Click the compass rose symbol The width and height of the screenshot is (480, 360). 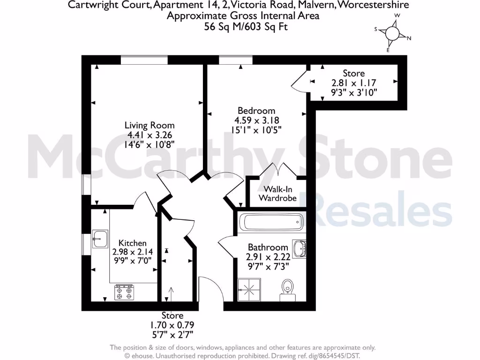pyautogui.click(x=393, y=33)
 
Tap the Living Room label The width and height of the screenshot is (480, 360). pyautogui.click(x=150, y=125)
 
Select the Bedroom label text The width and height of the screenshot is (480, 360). pyautogui.click(x=254, y=111)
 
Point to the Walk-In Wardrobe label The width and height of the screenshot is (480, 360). pyautogui.click(x=278, y=194)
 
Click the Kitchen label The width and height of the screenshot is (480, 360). pyautogui.click(x=133, y=243)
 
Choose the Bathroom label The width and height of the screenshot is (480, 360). pyautogui.click(x=268, y=247)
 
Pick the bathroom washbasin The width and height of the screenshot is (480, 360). pyautogui.click(x=299, y=248)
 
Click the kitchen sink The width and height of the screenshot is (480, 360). pyautogui.click(x=100, y=239)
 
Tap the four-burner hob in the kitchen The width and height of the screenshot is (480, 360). pyautogui.click(x=124, y=292)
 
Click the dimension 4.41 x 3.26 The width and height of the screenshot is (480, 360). pyautogui.click(x=150, y=135)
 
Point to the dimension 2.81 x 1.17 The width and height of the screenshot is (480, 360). pyautogui.click(x=354, y=83)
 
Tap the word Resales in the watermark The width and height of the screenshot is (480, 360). pyautogui.click(x=382, y=212)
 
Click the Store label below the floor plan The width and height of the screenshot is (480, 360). pyautogui.click(x=172, y=315)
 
